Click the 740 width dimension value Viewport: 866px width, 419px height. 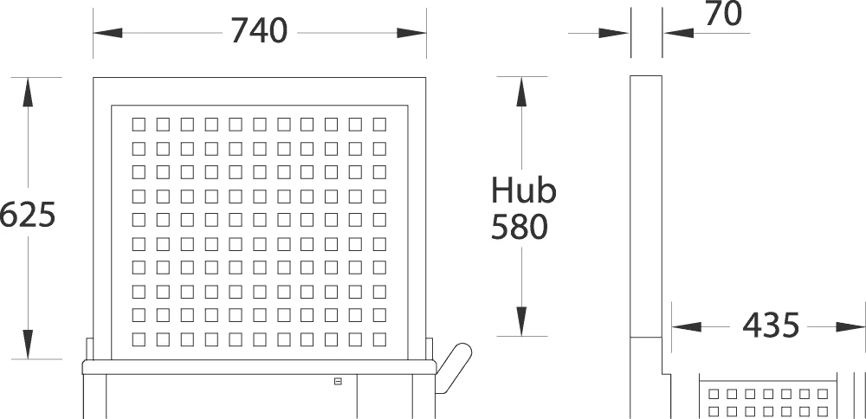pos(259,31)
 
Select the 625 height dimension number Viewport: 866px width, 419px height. pos(28,215)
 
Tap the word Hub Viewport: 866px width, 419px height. pos(524,190)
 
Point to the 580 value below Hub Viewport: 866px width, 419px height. pos(520,227)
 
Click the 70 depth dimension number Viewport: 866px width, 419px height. pos(723,15)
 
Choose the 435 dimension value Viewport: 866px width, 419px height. pos(771,326)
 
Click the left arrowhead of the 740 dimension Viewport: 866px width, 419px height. pos(107,33)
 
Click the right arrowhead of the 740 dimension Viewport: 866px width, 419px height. pos(412,33)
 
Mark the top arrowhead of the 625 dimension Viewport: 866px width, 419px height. pos(28,92)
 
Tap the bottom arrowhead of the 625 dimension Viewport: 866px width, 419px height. pos(28,345)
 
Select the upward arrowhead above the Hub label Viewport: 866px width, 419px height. pos(521,92)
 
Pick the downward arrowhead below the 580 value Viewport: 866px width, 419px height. pos(521,320)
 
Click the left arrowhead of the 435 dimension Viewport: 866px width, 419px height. pos(687,327)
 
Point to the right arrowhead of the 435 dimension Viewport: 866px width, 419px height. pos(850,327)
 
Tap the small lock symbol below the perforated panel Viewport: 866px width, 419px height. pos(338,381)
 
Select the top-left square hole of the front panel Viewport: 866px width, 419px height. pos(139,124)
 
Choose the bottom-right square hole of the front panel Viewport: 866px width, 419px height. pos(379,339)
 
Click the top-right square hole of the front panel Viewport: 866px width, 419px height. pos(379,124)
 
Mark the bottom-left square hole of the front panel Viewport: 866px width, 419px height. pos(139,339)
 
